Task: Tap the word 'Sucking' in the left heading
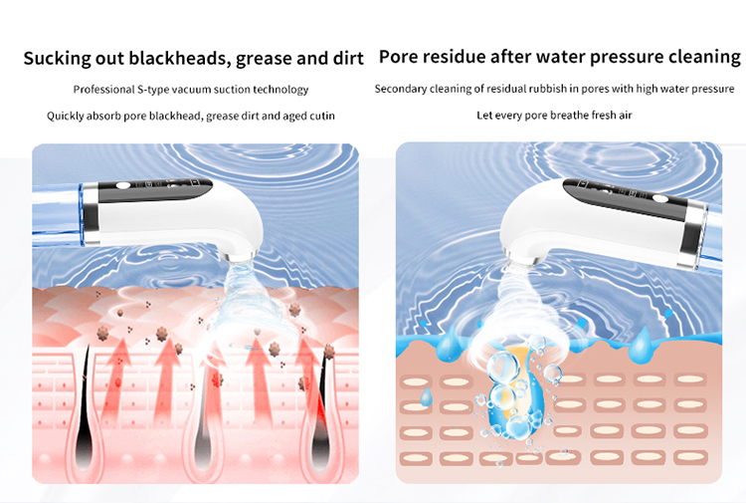57,58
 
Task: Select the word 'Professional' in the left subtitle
106,90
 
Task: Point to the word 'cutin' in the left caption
321,116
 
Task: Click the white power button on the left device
123,187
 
